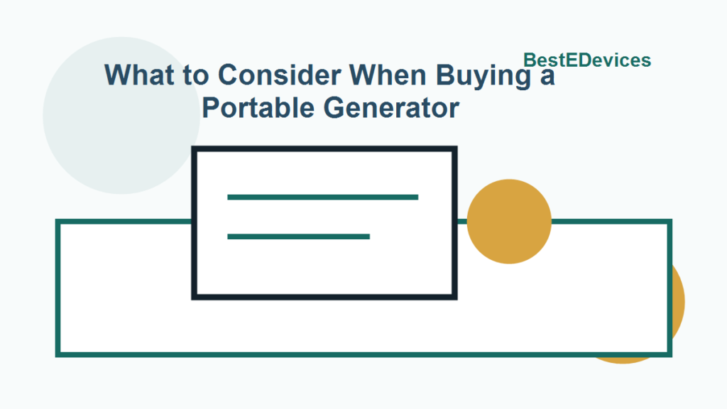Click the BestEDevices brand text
(586, 60)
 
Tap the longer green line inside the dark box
(322, 197)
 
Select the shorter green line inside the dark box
(298, 236)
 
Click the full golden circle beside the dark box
(509, 221)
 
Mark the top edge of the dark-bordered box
(324, 149)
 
